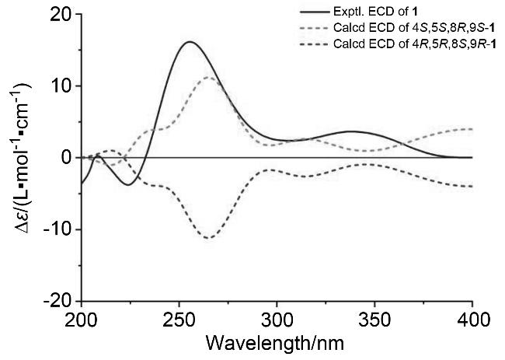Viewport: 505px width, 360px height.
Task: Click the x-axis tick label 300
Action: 277,319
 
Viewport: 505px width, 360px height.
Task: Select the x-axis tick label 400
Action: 472,319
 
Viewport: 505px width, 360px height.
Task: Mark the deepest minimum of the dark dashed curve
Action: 208,238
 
